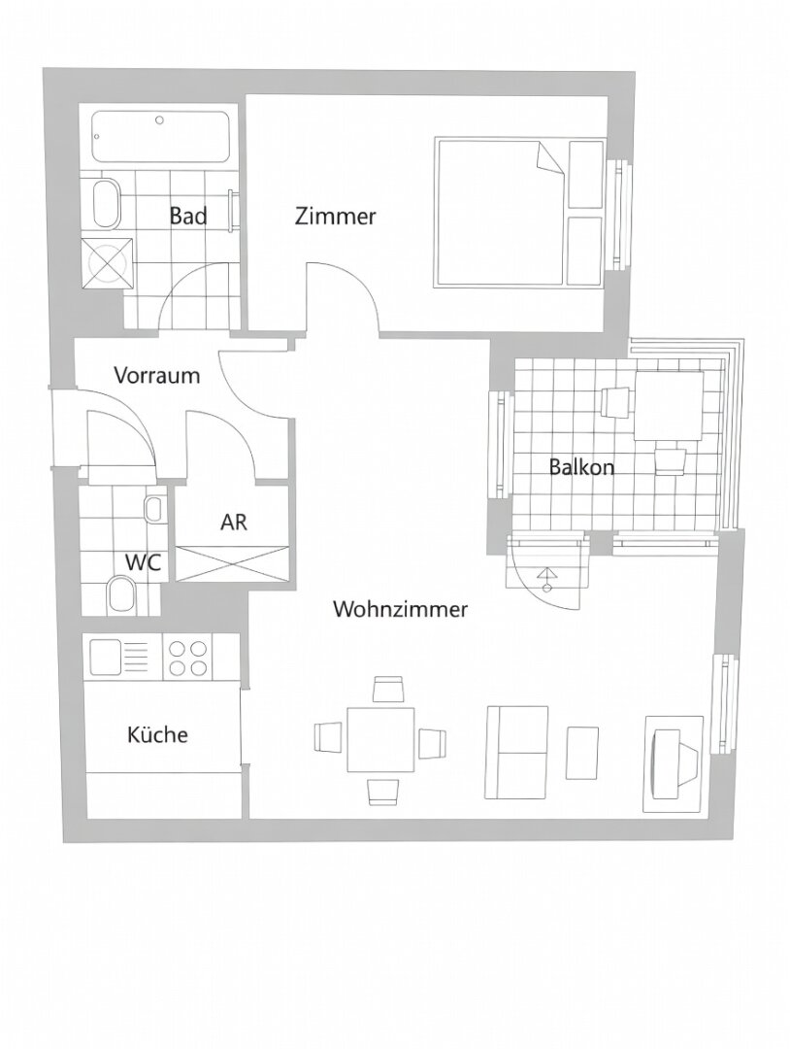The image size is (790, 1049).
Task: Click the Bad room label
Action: [x=188, y=216]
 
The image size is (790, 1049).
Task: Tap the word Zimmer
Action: [x=335, y=217]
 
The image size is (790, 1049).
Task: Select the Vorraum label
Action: [x=156, y=375]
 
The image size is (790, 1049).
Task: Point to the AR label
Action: [x=234, y=522]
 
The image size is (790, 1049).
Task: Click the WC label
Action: [x=143, y=562]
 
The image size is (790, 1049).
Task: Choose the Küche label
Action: [x=157, y=735]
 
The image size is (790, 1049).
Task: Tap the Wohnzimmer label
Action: [x=400, y=610]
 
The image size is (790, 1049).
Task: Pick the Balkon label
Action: [x=581, y=466]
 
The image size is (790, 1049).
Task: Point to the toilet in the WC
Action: [x=121, y=593]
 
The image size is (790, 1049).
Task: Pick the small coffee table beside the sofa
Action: [x=583, y=752]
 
